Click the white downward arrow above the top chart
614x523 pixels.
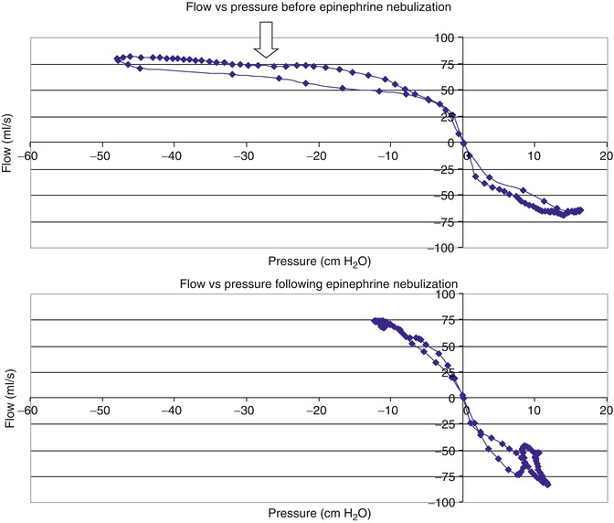coord(266,41)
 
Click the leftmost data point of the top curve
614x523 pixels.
coord(118,59)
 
